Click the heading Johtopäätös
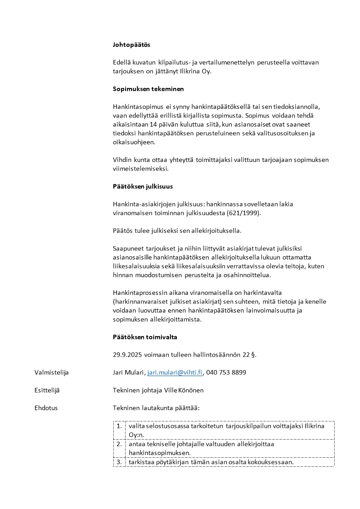[131, 45]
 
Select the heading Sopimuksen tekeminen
[148, 89]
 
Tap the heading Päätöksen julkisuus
[142, 186]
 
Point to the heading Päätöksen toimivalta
[145, 337]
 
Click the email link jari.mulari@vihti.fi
[175, 372]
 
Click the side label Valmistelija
[51, 372]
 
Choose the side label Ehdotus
[46, 408]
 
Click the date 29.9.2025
[127, 355]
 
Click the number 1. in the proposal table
[119, 426]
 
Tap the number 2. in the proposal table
[119, 444]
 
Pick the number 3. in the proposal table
[119, 462]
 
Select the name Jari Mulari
[128, 372]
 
